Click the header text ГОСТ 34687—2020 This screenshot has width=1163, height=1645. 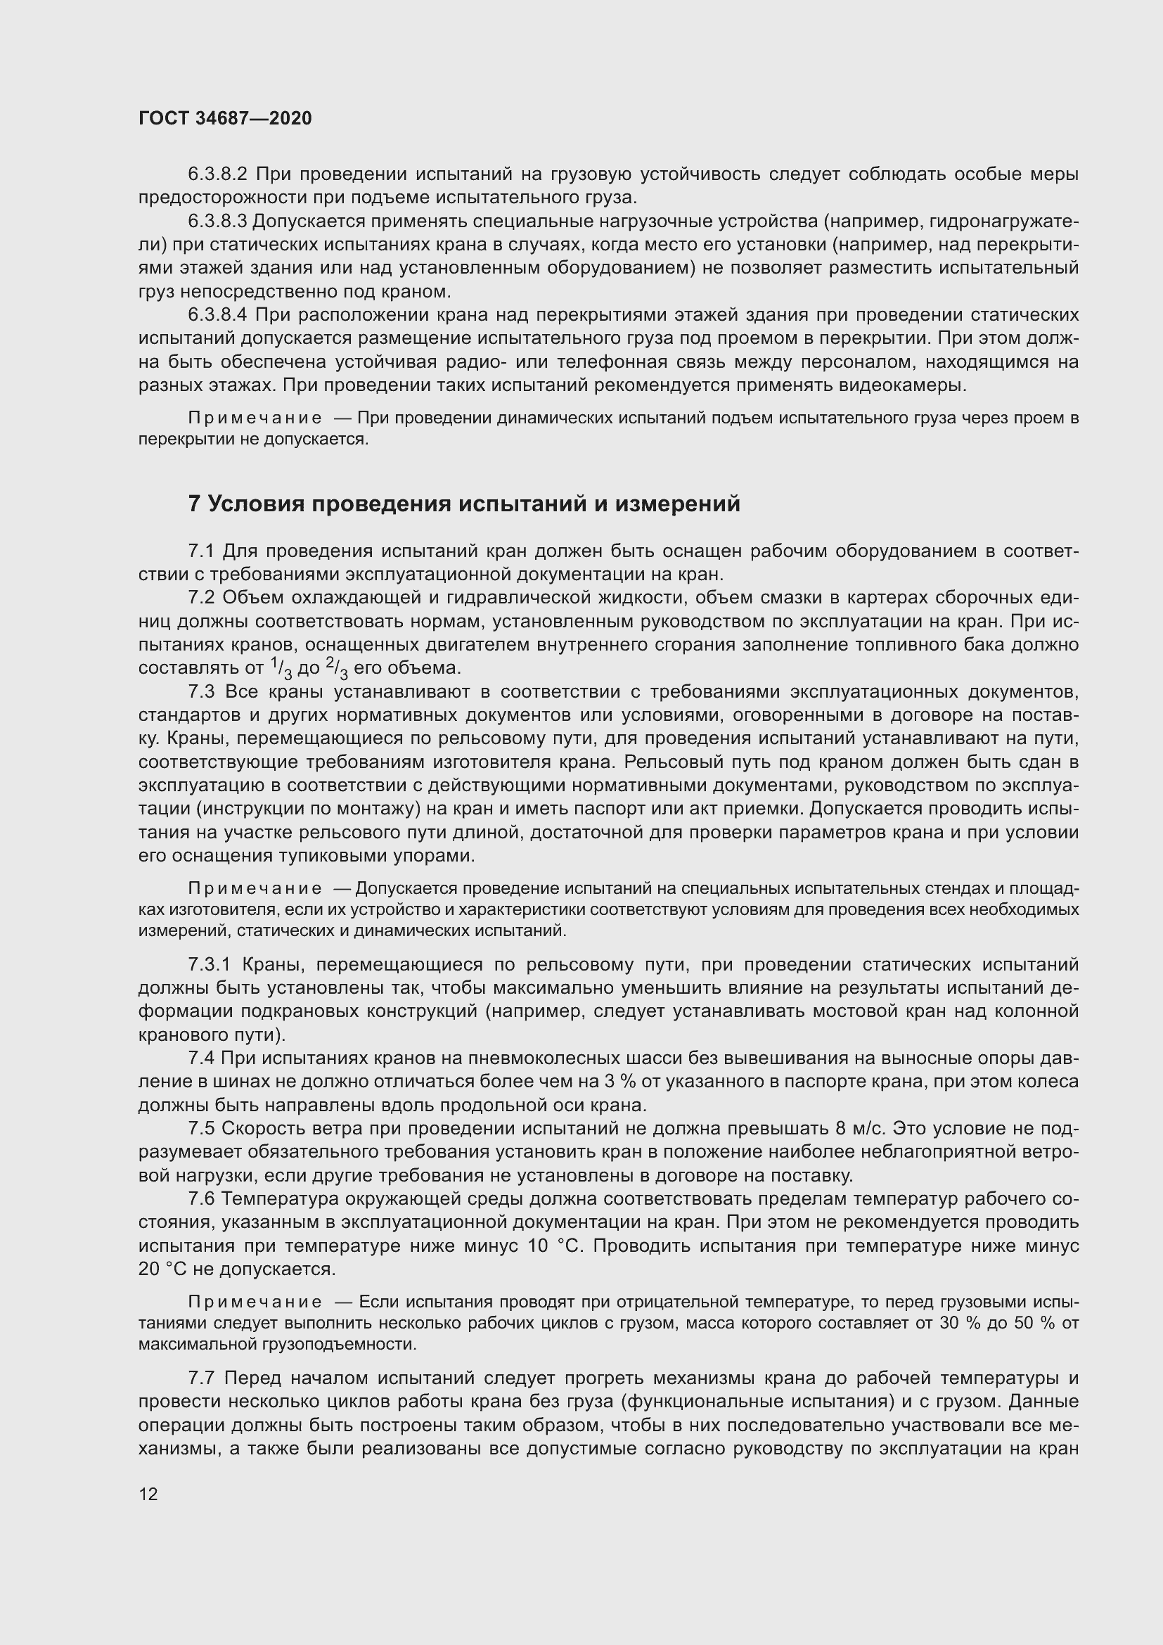(x=225, y=118)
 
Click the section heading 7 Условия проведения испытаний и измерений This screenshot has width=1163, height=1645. (x=464, y=504)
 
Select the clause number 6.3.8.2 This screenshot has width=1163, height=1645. (x=217, y=174)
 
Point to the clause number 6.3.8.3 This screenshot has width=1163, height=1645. (x=217, y=222)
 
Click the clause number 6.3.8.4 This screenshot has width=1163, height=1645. (x=217, y=315)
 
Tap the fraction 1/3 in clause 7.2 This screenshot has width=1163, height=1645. (x=282, y=667)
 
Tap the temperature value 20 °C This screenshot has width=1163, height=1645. (x=162, y=1269)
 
